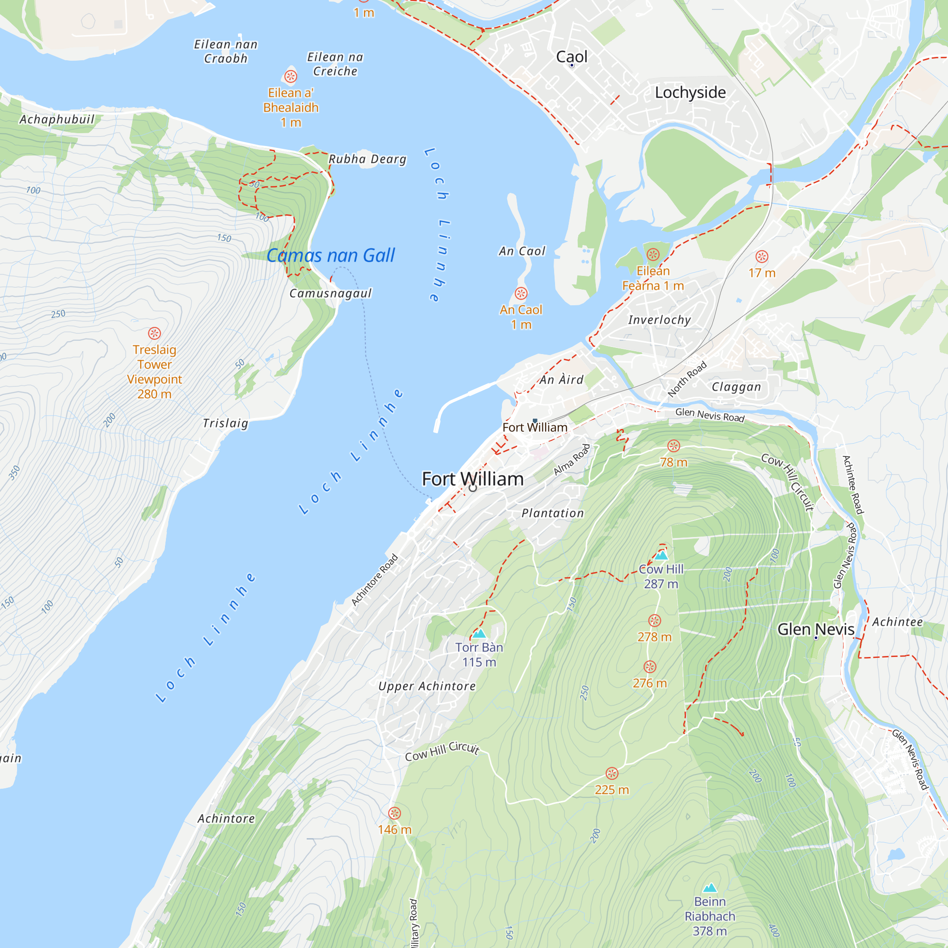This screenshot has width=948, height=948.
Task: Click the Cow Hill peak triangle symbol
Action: (x=661, y=556)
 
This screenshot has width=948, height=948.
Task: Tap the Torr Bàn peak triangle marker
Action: (x=479, y=633)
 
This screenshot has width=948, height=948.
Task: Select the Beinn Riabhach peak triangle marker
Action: (x=710, y=888)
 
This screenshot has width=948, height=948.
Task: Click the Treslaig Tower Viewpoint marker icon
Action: (x=155, y=333)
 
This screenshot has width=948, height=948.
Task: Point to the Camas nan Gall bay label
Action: (x=330, y=255)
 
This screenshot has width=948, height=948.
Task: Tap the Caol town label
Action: (x=572, y=56)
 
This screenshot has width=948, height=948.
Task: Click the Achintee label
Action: (x=897, y=622)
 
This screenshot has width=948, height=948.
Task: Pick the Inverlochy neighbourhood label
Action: (x=659, y=320)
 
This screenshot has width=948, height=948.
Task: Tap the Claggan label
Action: (x=736, y=387)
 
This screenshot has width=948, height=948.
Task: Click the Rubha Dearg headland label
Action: (x=367, y=159)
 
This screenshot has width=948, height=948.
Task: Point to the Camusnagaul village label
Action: (x=330, y=293)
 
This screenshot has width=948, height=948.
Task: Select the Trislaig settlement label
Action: (x=225, y=423)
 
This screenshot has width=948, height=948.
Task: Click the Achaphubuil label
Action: (x=56, y=119)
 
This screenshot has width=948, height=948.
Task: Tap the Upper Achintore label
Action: (x=427, y=686)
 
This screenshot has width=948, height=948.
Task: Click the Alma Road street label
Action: (x=572, y=460)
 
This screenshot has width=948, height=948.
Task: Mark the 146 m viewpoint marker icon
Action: (x=394, y=813)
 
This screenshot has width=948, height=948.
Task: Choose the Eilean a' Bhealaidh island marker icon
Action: (x=291, y=76)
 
